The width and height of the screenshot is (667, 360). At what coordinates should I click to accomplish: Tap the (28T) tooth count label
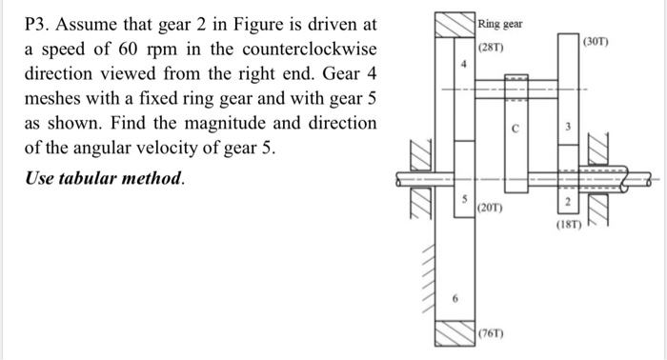(492, 48)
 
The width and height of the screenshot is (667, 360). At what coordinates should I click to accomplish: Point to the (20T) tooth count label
(492, 207)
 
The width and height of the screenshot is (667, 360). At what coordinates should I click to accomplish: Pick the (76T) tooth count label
(492, 334)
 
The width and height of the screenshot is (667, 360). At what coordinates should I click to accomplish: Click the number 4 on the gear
(464, 66)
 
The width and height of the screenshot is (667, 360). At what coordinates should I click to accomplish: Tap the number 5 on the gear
(464, 199)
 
